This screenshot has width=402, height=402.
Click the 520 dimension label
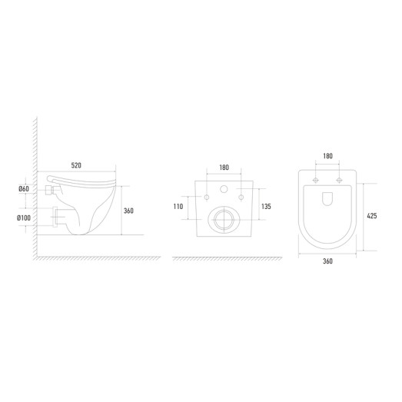(76, 165)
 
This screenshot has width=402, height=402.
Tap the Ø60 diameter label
(24, 189)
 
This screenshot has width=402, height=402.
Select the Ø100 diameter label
(24, 218)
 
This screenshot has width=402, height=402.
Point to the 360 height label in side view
(128, 211)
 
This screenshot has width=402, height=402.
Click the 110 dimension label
(178, 207)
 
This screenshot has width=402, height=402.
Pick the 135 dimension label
(266, 207)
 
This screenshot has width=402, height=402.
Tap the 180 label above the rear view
(224, 168)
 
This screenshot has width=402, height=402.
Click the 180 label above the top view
(328, 156)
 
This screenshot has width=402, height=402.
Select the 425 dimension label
(372, 216)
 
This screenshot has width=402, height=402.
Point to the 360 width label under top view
(327, 261)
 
